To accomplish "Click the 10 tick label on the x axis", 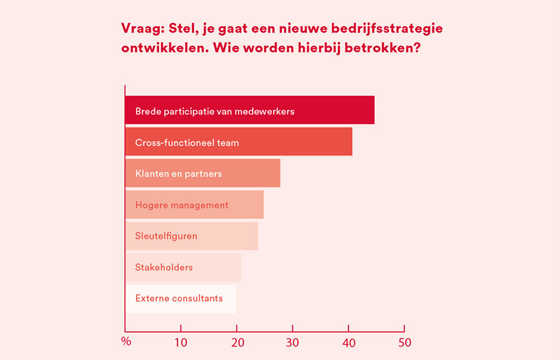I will [x=180, y=343].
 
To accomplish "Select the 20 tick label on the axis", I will [x=236, y=343].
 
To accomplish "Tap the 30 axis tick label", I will [x=292, y=343].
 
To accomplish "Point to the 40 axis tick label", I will [x=348, y=343].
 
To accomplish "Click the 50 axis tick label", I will [x=404, y=343].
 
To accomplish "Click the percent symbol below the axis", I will [x=126, y=341].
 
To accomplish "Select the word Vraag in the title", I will [x=141, y=29].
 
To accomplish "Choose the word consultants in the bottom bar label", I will [x=196, y=298].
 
